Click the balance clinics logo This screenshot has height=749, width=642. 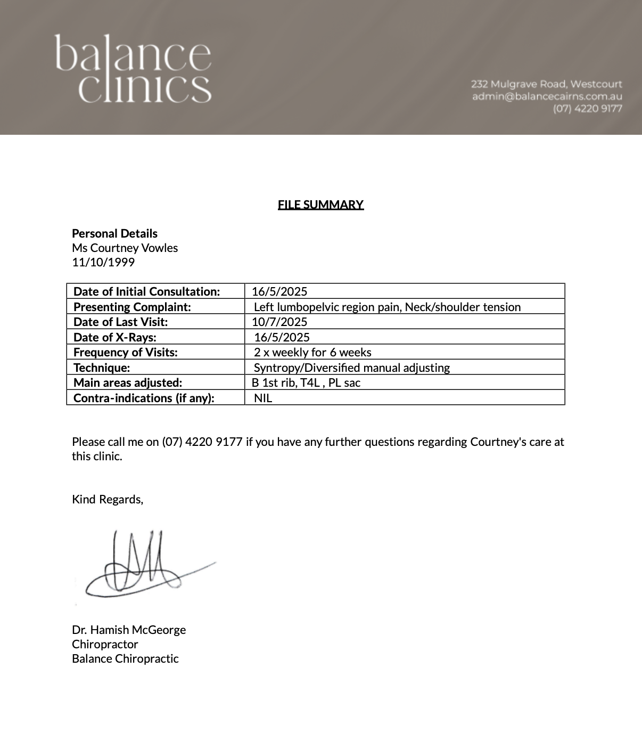[133, 68]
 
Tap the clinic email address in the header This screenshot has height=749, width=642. [547, 96]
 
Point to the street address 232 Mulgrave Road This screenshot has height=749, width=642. [546, 84]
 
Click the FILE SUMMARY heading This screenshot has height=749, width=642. [320, 205]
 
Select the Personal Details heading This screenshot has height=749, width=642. [114, 233]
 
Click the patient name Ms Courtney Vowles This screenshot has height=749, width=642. [125, 248]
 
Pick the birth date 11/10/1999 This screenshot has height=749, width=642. [103, 262]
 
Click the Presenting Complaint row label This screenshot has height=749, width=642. [132, 307]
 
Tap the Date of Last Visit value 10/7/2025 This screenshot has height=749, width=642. [279, 322]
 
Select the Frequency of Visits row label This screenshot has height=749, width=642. [126, 352]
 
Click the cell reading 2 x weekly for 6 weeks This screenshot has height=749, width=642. [312, 352]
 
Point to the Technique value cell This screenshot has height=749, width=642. [351, 368]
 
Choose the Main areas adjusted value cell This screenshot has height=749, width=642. [306, 382]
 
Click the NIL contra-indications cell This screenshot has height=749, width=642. [263, 398]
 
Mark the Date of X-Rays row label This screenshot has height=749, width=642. [115, 337]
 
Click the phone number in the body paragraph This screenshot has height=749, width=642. [202, 442]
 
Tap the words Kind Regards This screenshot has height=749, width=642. [108, 499]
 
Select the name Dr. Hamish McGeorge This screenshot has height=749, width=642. [129, 630]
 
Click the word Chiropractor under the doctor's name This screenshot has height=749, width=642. [105, 644]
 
